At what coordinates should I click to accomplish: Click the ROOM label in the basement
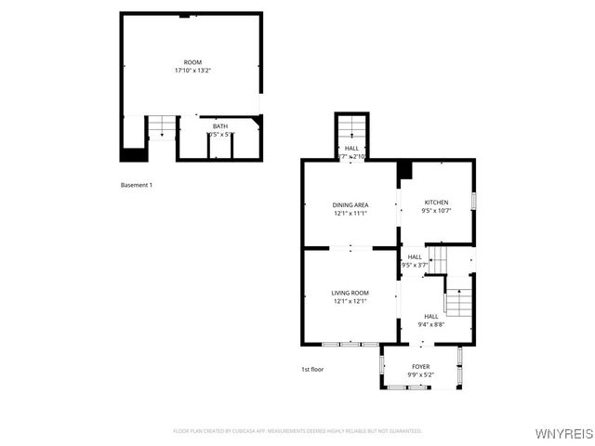click(192, 62)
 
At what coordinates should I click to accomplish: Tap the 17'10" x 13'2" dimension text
click(192, 71)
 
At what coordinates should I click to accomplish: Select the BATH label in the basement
click(220, 126)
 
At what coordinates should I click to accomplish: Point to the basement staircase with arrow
click(162, 126)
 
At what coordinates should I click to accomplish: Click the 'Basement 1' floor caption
click(137, 185)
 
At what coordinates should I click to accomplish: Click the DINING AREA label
click(350, 204)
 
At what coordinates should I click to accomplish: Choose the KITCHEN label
click(436, 203)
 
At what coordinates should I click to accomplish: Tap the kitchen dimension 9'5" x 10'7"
click(436, 211)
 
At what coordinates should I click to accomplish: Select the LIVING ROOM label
click(350, 293)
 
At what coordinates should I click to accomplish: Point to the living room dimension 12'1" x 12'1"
click(350, 301)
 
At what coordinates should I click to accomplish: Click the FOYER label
click(420, 366)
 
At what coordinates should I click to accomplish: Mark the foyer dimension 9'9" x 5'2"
click(420, 374)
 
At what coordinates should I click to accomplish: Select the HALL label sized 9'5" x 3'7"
click(415, 256)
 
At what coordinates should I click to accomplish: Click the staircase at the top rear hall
click(351, 127)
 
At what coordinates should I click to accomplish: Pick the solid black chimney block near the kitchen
click(403, 171)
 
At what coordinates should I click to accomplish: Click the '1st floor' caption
click(311, 369)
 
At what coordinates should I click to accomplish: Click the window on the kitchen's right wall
click(473, 201)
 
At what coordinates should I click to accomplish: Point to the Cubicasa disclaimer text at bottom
click(297, 431)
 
